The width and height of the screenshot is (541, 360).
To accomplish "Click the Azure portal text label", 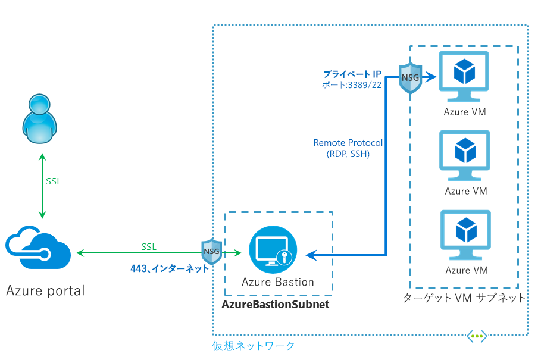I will coord(45,291).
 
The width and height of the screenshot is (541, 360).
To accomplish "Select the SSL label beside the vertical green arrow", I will coord(54,181).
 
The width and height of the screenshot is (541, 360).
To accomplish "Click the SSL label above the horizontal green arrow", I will coord(149,246).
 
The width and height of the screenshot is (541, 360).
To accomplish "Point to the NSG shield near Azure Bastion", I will coord(211,252).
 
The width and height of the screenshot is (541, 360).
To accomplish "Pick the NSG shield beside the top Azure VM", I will coord(410,77).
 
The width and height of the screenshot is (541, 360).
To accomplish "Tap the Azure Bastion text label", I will coord(278,282).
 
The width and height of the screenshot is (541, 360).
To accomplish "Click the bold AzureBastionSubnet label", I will coord(275,305).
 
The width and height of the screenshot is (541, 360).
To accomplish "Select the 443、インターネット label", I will coord(170,268).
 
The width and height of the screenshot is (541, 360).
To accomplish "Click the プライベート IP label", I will coord(352,74).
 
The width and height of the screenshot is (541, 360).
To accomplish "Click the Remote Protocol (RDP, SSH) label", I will coord(348,148).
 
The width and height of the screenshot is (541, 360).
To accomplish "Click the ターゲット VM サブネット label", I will coord(464,298).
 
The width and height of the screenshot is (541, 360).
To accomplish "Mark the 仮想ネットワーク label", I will coord(254,346).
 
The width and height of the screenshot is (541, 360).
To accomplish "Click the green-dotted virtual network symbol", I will coord(477,336).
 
